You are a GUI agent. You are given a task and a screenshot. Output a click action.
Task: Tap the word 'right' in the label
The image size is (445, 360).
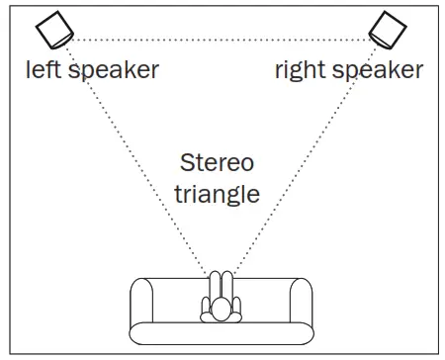pos(298,69)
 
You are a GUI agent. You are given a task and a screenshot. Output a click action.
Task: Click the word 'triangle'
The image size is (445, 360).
pos(218,193)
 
